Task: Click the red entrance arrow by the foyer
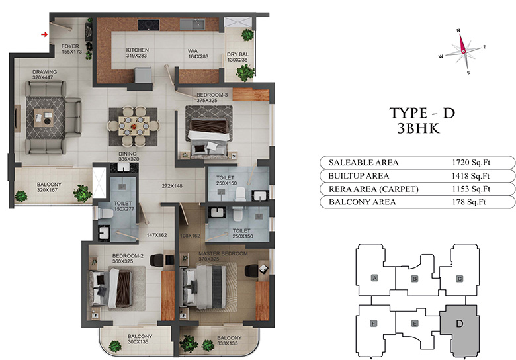pyautogui.click(x=44, y=34)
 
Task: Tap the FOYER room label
pyautogui.click(x=70, y=46)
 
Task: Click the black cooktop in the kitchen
pyautogui.click(x=149, y=24)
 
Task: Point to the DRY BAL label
pyautogui.click(x=237, y=54)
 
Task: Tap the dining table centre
pyautogui.click(x=134, y=126)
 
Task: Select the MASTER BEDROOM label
pyautogui.click(x=223, y=253)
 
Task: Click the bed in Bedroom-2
pyautogui.click(x=110, y=288)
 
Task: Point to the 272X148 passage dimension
pyautogui.click(x=172, y=186)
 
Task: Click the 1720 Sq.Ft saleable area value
pyautogui.click(x=471, y=163)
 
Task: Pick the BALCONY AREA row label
pyautogui.click(x=363, y=202)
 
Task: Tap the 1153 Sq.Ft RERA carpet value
pyautogui.click(x=471, y=189)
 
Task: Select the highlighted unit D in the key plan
pyautogui.click(x=459, y=331)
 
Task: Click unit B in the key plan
pyautogui.click(x=415, y=279)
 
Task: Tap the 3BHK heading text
pyautogui.click(x=418, y=128)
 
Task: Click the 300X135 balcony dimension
pyautogui.click(x=138, y=342)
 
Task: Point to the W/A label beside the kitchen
pyautogui.click(x=193, y=51)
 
